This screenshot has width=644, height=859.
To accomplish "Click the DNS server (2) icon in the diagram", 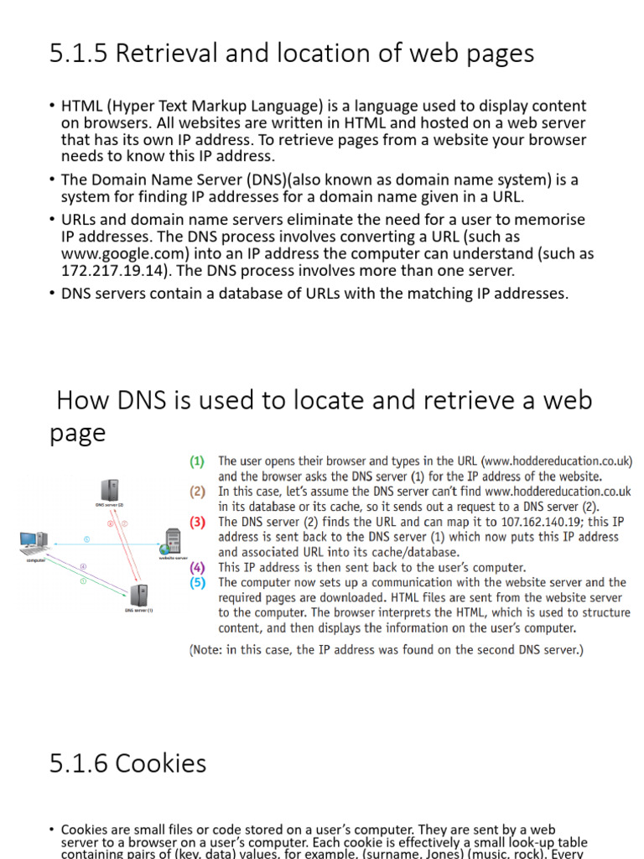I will (x=109, y=490).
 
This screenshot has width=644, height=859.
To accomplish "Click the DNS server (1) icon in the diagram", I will (x=139, y=595).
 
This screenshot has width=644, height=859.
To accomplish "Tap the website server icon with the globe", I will (x=174, y=540).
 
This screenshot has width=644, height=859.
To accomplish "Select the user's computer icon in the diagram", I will (x=29, y=543).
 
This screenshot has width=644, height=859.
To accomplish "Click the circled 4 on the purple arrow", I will (x=82, y=567).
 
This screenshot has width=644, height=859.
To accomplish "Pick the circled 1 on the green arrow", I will (x=83, y=580).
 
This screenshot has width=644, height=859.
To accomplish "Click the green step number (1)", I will (x=198, y=461).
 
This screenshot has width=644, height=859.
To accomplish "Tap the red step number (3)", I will (x=198, y=521).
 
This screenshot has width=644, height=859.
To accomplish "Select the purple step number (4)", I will (x=198, y=567).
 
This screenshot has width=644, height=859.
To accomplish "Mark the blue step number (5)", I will (x=198, y=582).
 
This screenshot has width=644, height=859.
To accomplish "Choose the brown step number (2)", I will (x=198, y=492).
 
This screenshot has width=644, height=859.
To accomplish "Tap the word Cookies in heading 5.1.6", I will (x=161, y=763).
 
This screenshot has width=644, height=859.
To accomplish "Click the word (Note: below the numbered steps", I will (x=210, y=648).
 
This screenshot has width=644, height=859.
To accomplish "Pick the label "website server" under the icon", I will (x=174, y=557).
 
